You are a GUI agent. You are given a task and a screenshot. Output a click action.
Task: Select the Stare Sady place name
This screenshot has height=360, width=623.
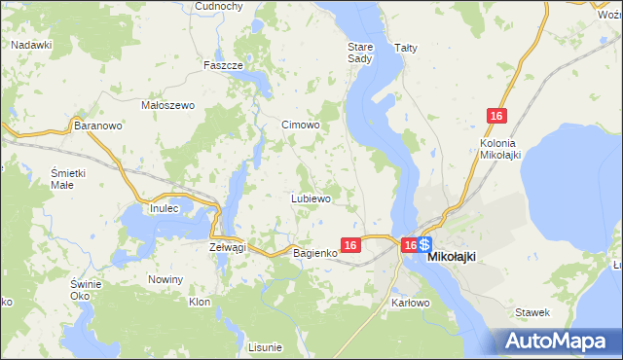pyautogui.click(x=360, y=52)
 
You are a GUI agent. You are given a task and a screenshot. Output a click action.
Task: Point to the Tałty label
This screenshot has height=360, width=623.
pyautogui.click(x=406, y=47)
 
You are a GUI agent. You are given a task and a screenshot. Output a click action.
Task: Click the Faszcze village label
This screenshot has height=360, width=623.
pyautogui.click(x=223, y=65)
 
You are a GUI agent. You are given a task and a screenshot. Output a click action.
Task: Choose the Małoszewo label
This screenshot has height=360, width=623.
pyautogui.click(x=168, y=105)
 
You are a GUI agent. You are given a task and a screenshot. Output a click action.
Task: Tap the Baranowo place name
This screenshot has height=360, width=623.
pyautogui.click(x=97, y=126)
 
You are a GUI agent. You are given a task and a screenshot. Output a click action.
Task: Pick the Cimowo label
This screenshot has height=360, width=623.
pyautogui.click(x=301, y=126)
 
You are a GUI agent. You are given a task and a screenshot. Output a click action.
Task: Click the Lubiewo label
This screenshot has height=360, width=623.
pyautogui.click(x=311, y=198)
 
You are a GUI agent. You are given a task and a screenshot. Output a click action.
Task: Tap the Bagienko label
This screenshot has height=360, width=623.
pyautogui.click(x=315, y=253)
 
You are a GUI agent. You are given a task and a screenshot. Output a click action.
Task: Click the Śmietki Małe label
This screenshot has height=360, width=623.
pyautogui.click(x=70, y=179)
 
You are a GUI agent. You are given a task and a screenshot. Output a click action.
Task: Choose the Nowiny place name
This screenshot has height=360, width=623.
pyautogui.click(x=165, y=280)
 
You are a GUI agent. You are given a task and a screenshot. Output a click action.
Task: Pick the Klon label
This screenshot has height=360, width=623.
pyautogui.click(x=200, y=303)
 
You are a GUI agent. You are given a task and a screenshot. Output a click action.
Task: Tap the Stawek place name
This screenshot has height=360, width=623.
pyautogui.click(x=534, y=312)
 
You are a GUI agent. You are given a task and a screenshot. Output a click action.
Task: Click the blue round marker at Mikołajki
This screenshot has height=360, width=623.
pyautogui.click(x=425, y=245)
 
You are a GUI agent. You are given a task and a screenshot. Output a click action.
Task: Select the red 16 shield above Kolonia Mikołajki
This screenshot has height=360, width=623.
pyautogui.click(x=497, y=117)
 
